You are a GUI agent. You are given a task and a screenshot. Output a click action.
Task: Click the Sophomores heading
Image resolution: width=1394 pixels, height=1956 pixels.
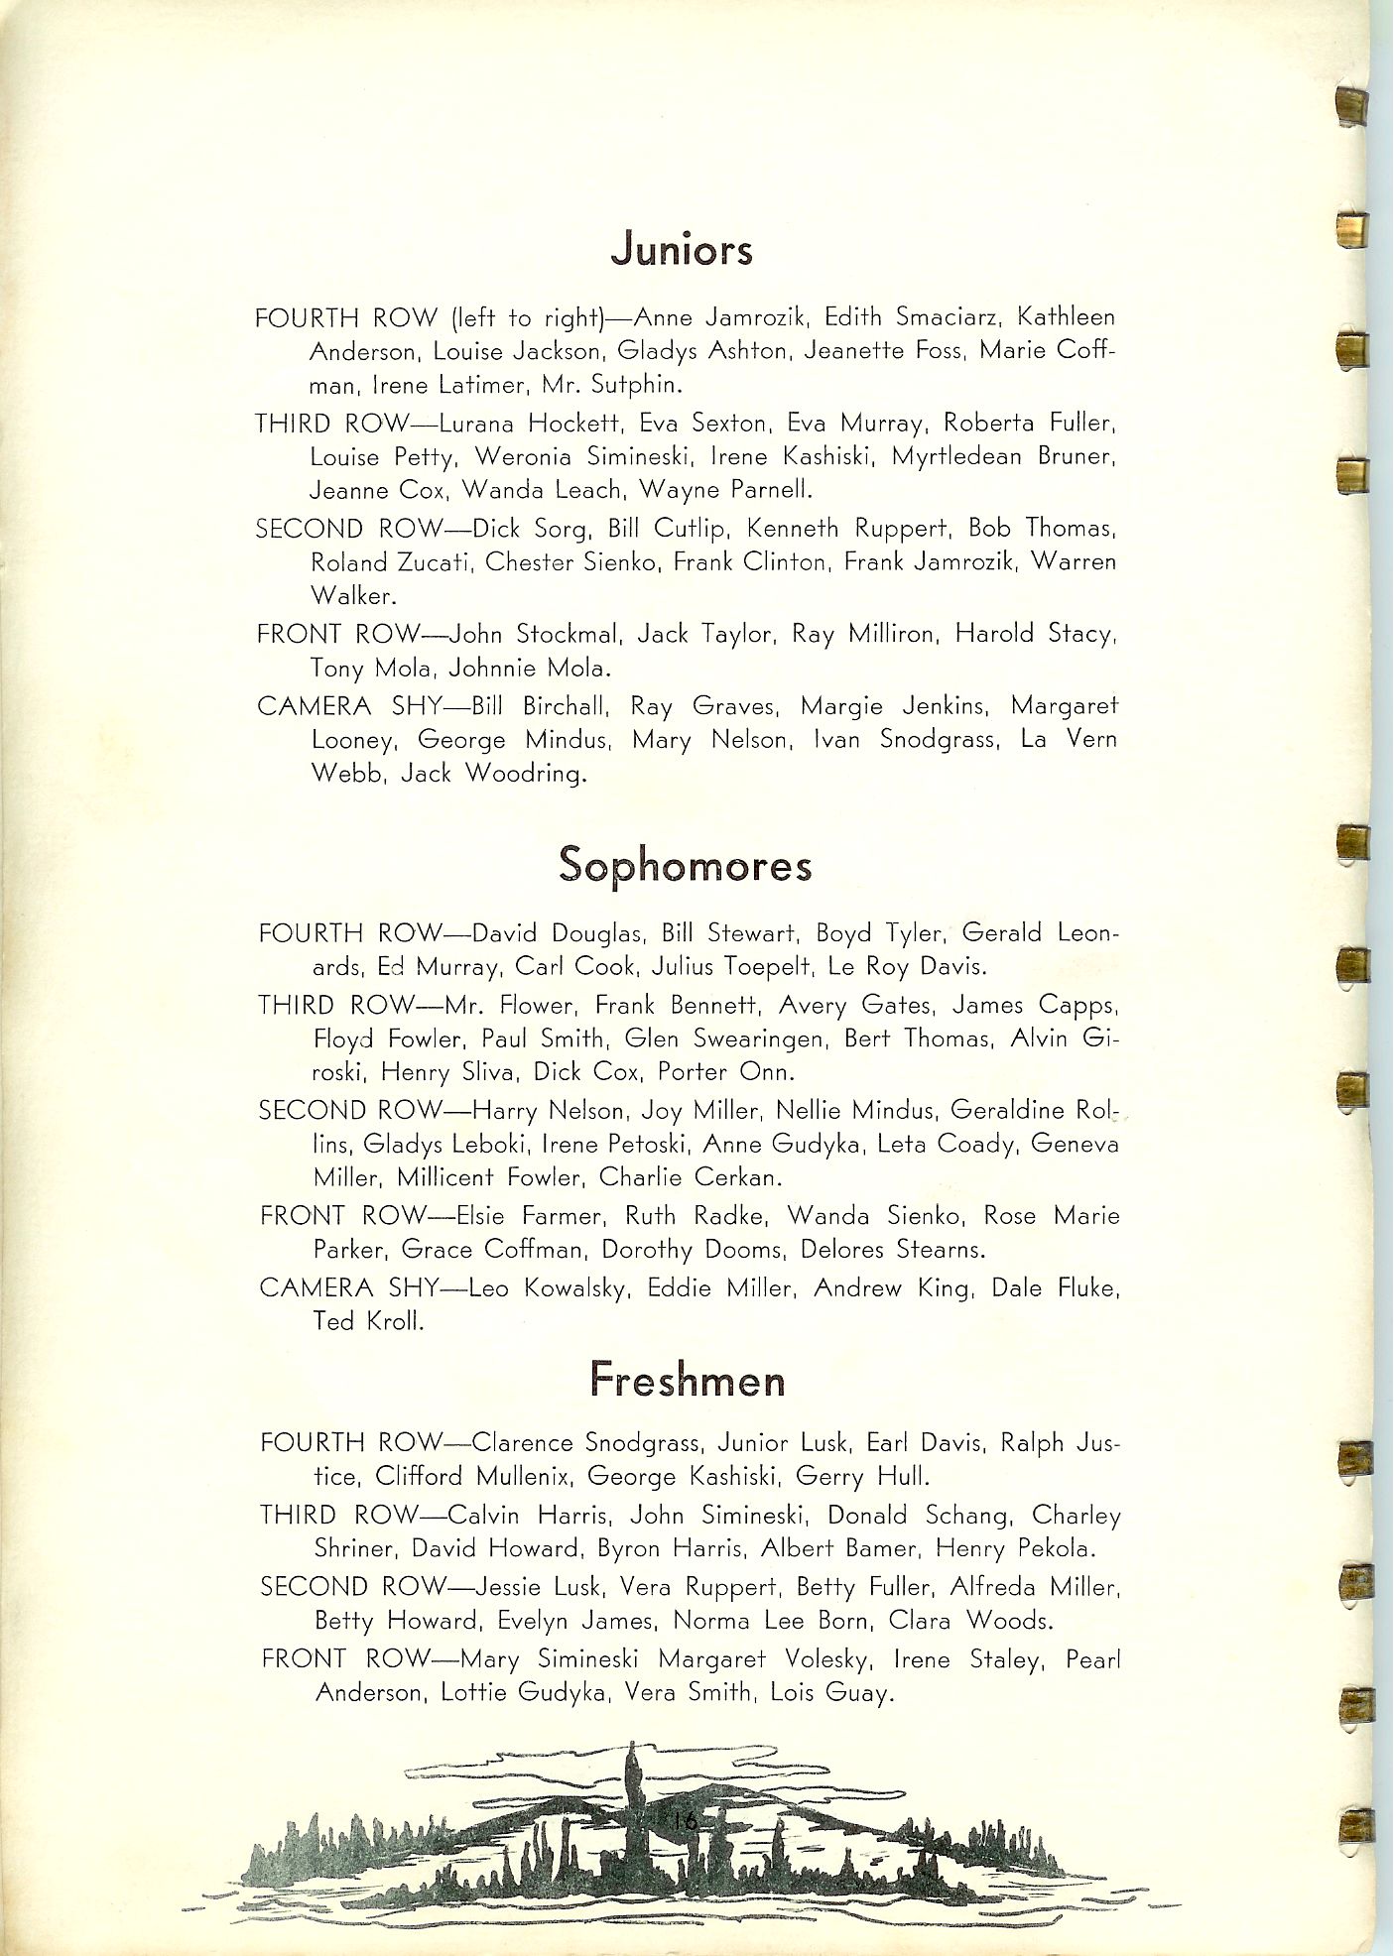[x=685, y=865]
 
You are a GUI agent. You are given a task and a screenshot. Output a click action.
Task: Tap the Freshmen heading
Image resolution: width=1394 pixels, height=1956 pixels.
[x=687, y=1381]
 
